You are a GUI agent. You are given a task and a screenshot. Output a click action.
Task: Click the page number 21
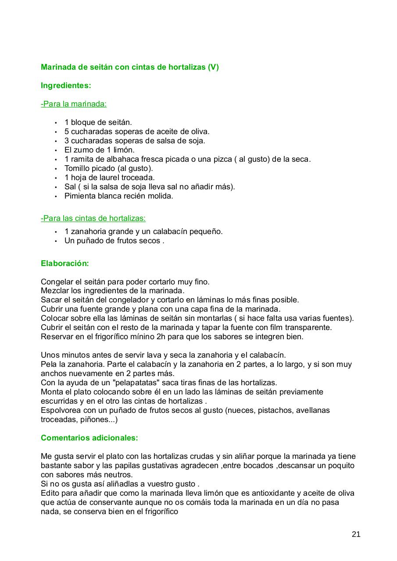click(x=356, y=534)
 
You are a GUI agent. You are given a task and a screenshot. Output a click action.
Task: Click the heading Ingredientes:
click(x=66, y=85)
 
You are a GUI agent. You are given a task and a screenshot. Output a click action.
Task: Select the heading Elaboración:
click(x=65, y=263)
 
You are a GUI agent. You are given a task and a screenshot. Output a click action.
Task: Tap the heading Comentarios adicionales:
click(x=89, y=438)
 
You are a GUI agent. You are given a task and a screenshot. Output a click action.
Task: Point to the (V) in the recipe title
click(x=213, y=67)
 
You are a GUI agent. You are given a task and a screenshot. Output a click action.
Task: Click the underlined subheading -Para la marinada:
click(x=74, y=104)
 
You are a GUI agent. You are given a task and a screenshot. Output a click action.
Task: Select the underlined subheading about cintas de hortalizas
click(x=93, y=218)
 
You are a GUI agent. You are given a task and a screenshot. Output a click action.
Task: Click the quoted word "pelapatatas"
click(x=137, y=383)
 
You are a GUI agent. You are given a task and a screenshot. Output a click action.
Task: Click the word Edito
click(x=50, y=493)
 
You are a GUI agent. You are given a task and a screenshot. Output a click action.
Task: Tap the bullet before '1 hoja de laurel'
click(x=56, y=178)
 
